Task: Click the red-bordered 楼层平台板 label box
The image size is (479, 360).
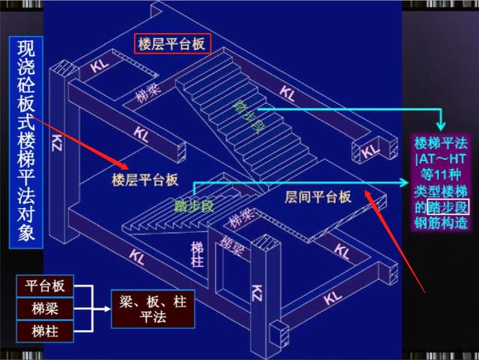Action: click(173, 43)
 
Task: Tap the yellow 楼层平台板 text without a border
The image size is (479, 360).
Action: click(144, 180)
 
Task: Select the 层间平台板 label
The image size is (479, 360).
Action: click(317, 197)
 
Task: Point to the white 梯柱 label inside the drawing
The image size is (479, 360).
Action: click(197, 254)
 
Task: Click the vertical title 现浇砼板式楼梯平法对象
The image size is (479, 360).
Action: click(26, 141)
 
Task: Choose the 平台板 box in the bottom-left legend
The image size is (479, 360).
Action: click(45, 286)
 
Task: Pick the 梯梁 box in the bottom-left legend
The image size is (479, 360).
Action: click(45, 308)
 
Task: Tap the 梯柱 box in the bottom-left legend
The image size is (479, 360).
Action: click(45, 332)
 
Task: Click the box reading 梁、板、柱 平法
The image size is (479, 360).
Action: click(153, 309)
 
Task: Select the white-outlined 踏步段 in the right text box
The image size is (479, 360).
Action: click(448, 207)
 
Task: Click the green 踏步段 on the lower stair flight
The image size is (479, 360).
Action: click(194, 207)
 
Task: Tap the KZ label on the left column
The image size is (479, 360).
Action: click(57, 143)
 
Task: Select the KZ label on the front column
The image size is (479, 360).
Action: click(257, 293)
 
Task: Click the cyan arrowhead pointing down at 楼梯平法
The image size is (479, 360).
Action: click(441, 126)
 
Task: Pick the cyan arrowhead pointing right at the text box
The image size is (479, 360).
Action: click(404, 183)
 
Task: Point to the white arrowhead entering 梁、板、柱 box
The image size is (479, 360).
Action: click(107, 309)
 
